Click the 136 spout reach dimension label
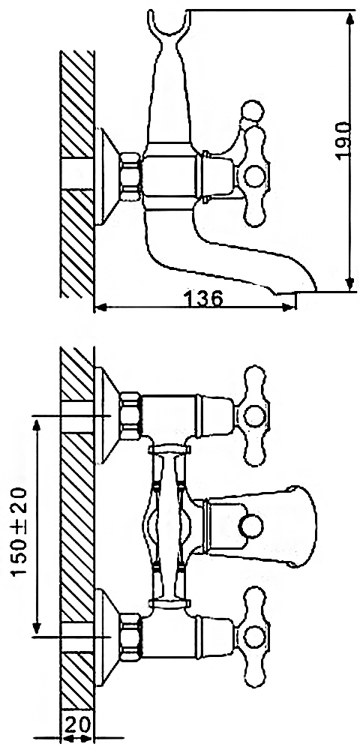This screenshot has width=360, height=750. coord(202,298)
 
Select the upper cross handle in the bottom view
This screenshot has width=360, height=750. coord(255,414)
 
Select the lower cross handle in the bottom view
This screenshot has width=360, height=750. coord(255,637)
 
